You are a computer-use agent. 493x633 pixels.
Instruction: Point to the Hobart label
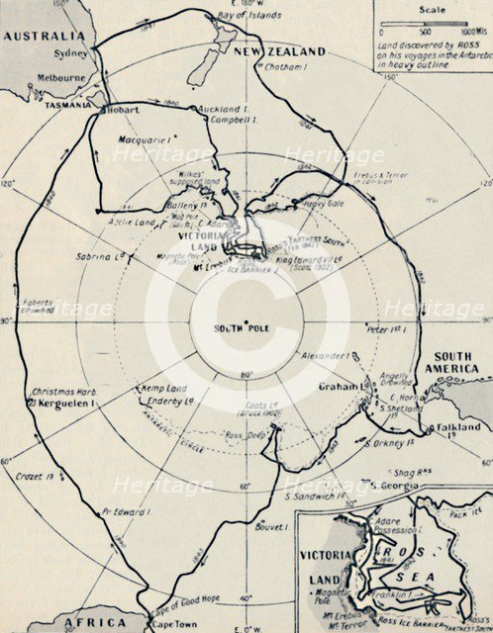pos(125,109)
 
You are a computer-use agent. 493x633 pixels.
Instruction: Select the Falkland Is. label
pos(457,427)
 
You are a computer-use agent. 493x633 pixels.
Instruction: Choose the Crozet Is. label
pos(37,477)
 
